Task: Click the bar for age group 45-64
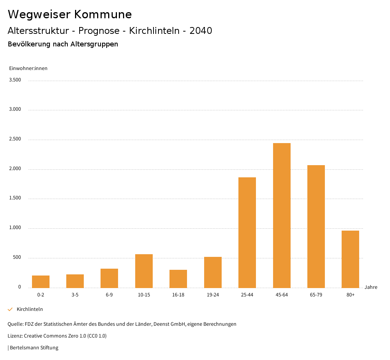(x=281, y=215)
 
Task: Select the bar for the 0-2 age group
(x=41, y=282)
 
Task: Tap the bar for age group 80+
(x=350, y=259)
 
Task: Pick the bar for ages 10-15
(x=144, y=271)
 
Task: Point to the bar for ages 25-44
(x=247, y=233)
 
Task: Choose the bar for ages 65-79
(x=316, y=226)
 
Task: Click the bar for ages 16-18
(x=178, y=279)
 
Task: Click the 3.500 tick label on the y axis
(x=15, y=80)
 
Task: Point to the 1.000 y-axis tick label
(x=15, y=228)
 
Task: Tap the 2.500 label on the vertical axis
(x=15, y=139)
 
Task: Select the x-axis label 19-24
(x=213, y=295)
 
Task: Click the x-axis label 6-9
(x=109, y=295)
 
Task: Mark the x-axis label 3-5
(x=75, y=295)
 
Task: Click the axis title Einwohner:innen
(x=28, y=68)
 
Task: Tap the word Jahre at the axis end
(x=371, y=287)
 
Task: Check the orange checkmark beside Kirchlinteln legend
(x=10, y=309)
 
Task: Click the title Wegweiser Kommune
(x=70, y=14)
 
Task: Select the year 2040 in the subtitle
(x=201, y=31)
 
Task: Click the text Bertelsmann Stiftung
(x=34, y=347)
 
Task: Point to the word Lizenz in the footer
(x=15, y=336)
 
